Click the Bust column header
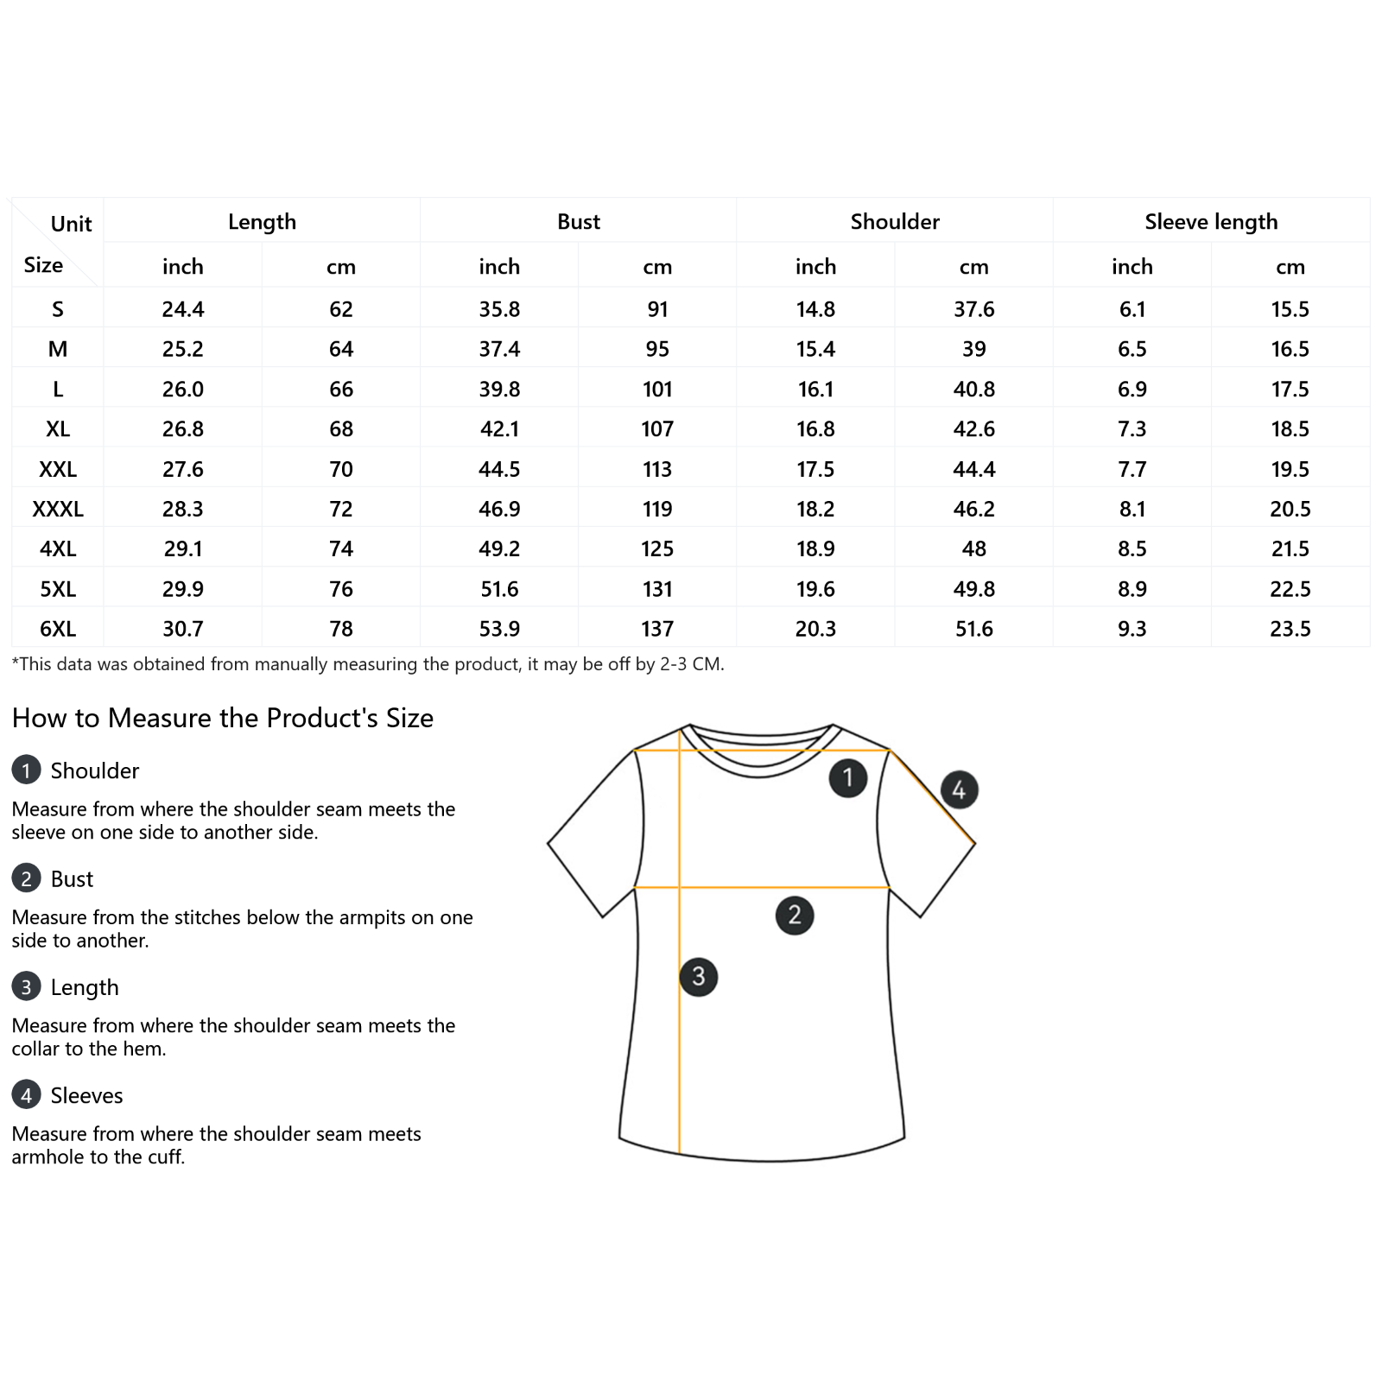coord(578,222)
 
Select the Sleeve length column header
coord(1211,222)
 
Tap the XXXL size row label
coord(58,509)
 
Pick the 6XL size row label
coord(58,629)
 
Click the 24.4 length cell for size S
coord(183,309)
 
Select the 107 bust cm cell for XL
coord(657,429)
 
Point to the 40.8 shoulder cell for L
coord(973,390)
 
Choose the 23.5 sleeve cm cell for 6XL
coord(1290,629)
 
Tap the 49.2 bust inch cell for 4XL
coord(499,548)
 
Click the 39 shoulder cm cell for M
coord(973,349)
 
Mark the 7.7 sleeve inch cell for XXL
coord(1132,469)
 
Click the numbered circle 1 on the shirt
coord(847,778)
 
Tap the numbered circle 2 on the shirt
coord(795,916)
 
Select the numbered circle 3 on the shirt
coord(699,977)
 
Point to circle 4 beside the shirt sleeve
coord(959,789)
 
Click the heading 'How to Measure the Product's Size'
coord(223,718)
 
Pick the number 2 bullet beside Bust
coord(26,878)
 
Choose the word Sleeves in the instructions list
coord(86,1095)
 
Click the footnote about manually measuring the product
coord(368,664)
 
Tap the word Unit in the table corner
coord(71,225)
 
